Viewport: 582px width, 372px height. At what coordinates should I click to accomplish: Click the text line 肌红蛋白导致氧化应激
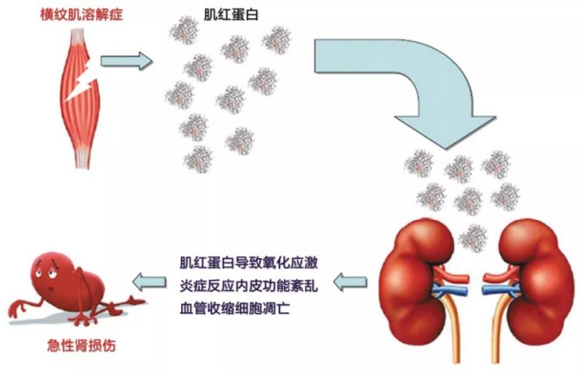coord(248,261)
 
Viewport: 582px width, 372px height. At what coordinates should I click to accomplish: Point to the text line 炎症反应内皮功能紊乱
coord(248,284)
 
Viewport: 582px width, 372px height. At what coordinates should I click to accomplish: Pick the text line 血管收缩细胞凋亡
coord(235,306)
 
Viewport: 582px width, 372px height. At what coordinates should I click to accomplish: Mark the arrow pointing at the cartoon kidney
coord(149,281)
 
